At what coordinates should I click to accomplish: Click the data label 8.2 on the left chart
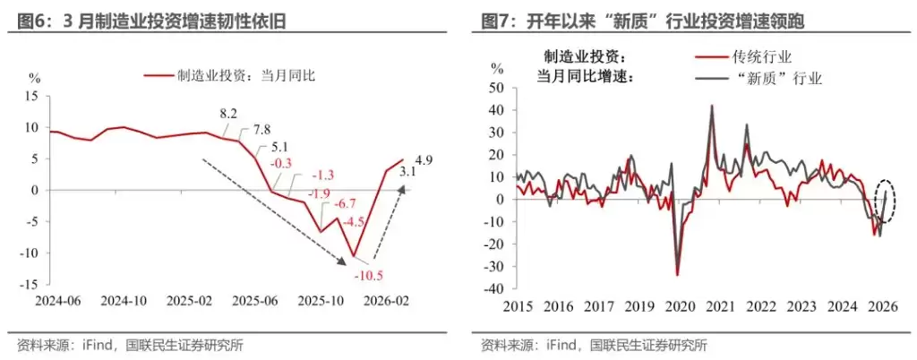point(227,114)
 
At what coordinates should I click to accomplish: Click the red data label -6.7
point(344,202)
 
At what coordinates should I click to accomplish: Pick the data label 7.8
point(261,130)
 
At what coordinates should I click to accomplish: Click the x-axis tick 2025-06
point(254,301)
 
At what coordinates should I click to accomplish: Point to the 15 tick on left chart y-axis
point(32,96)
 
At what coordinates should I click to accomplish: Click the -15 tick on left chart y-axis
point(30,284)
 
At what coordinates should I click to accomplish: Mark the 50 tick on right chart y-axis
point(493,87)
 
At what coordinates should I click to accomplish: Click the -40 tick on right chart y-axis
point(490,288)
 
